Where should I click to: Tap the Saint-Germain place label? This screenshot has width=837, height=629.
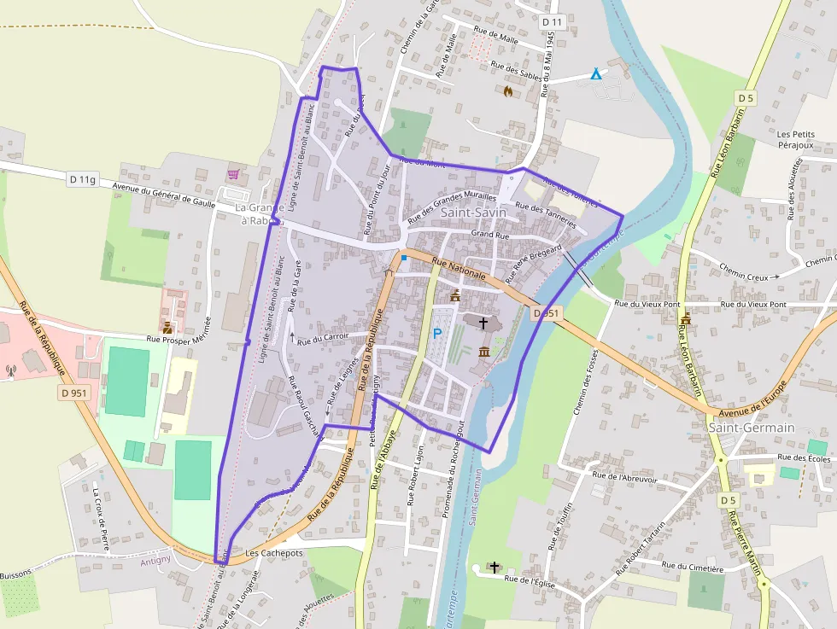pos(752,428)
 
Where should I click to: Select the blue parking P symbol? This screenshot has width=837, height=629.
pos(437,335)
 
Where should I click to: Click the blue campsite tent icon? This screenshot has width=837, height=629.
pos(596,74)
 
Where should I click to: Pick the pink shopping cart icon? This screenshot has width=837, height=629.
pos(233,175)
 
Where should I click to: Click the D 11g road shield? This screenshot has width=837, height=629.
pos(83,178)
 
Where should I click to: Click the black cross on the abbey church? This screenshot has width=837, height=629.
pos(483,323)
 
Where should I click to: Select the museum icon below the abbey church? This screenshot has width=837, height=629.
pos(484,352)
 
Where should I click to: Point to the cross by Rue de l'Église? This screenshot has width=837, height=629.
pos(495,566)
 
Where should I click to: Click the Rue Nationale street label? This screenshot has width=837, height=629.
pos(459,269)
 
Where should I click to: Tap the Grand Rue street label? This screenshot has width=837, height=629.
pos(489,233)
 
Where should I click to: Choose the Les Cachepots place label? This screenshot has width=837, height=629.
pos(274,553)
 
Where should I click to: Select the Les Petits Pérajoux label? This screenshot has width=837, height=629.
pos(796,141)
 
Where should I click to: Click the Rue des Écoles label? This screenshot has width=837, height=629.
pos(804,458)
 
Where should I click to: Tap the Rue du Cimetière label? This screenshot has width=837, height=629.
pos(693,567)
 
